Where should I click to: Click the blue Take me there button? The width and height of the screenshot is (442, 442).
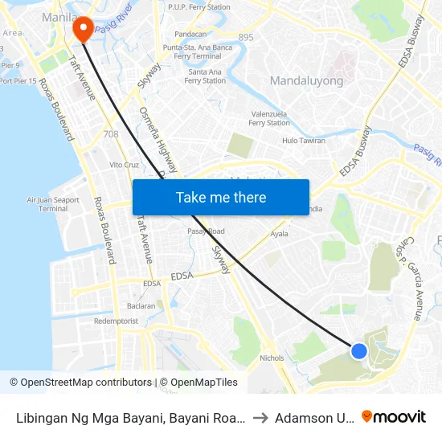(221, 197)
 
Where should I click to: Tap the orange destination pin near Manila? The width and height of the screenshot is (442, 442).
(83, 30)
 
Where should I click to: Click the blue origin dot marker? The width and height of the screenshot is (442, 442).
(359, 351)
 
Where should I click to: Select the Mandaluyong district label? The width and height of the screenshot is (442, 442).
(306, 80)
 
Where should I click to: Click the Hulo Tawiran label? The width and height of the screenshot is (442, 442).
(303, 141)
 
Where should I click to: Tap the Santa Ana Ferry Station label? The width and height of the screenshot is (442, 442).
(206, 76)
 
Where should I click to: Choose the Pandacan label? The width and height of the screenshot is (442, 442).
(190, 35)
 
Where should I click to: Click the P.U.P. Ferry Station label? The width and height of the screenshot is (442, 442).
(198, 7)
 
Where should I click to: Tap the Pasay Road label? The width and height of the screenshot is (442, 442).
(207, 231)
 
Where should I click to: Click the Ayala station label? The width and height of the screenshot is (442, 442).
(279, 234)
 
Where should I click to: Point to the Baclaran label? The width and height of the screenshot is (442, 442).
(141, 306)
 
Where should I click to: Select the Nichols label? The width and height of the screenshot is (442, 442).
(272, 358)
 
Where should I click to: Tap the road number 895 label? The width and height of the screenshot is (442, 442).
(246, 37)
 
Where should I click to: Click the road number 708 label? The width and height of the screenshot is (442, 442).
(111, 134)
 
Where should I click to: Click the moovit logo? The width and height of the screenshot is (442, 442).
(394, 416)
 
